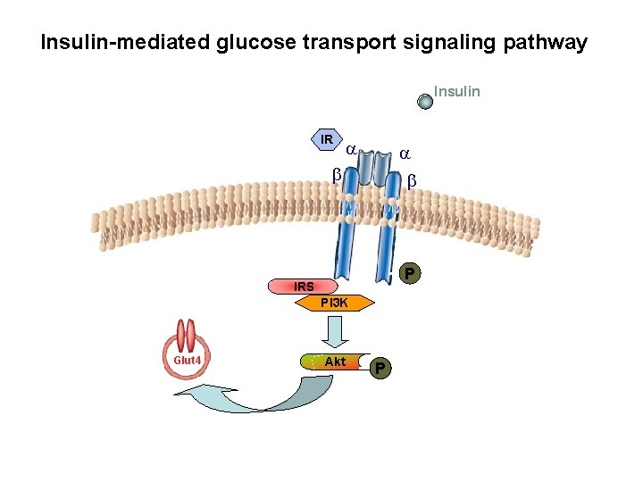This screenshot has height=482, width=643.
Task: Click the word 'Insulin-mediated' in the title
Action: (125, 42)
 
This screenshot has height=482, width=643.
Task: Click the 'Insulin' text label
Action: (456, 91)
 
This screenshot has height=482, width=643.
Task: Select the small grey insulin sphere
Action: (426, 101)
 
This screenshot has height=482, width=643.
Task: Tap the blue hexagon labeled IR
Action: (326, 139)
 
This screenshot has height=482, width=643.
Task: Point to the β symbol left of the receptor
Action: (337, 175)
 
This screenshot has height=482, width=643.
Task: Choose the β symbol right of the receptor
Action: (412, 181)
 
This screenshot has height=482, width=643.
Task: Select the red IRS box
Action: (305, 287)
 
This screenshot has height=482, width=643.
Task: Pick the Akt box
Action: (335, 361)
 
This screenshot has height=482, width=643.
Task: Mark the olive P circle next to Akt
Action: (380, 367)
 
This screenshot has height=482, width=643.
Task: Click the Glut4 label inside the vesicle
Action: (188, 360)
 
